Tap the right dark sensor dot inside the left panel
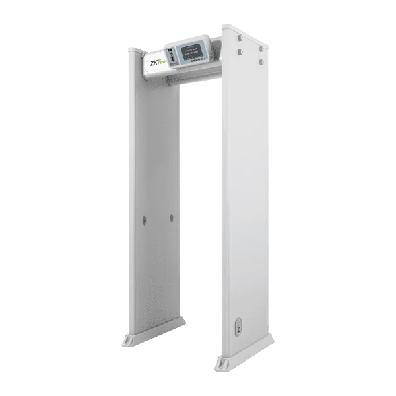[170, 216]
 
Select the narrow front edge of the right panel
[222, 198]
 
